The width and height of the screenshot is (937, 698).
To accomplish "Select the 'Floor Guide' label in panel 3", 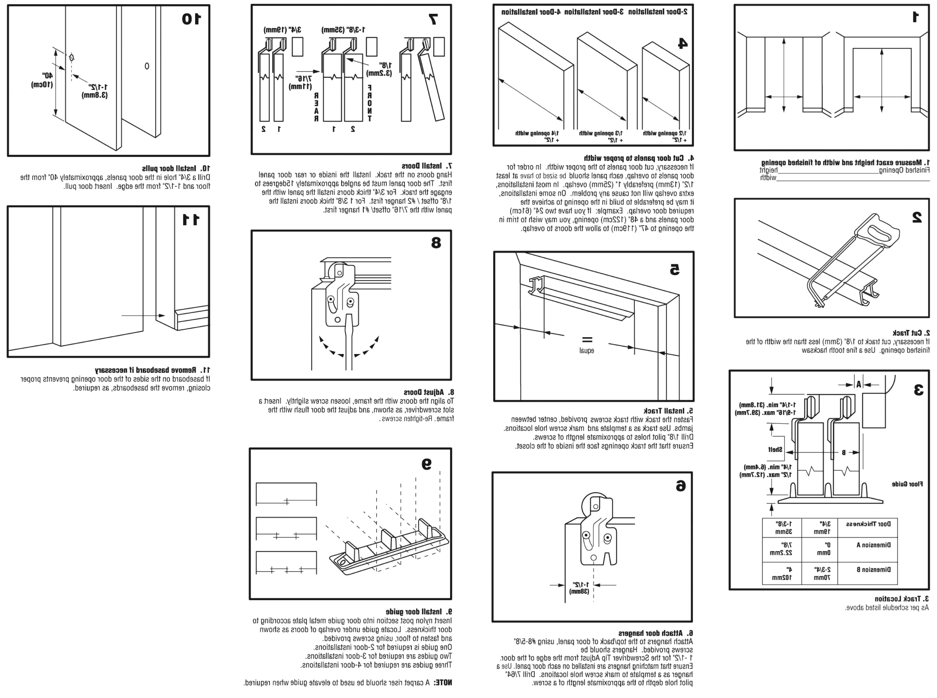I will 907,484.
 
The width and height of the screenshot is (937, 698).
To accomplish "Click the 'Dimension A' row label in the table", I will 873,545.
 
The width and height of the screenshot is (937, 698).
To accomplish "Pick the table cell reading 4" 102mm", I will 782,573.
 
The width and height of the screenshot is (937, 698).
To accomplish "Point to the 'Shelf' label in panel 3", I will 775,450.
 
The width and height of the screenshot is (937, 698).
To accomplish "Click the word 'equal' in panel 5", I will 586,350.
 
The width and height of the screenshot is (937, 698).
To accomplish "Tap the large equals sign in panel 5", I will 587,339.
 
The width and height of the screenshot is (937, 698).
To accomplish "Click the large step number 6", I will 680,486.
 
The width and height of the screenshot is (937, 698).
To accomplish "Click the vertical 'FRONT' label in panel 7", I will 370,103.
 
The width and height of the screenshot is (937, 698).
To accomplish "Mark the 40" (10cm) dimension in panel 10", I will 42,80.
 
